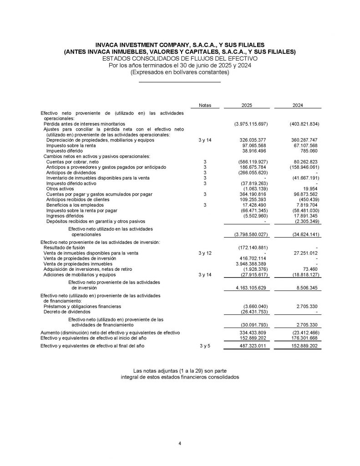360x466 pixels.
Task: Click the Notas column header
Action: pos(205,105)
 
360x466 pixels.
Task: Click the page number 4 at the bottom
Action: pos(180,444)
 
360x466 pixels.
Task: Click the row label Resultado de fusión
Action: pos(62,248)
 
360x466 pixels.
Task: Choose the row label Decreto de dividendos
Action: pos(67,312)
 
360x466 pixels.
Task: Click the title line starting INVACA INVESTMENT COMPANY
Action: pos(180,46)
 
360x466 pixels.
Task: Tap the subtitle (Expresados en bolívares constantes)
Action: pos(180,72)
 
